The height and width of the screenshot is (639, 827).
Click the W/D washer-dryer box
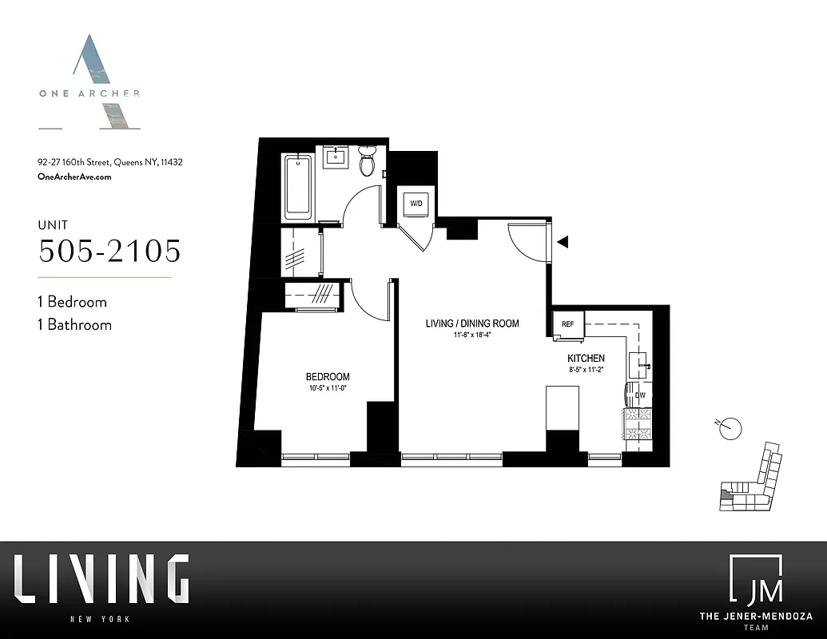[x=417, y=204]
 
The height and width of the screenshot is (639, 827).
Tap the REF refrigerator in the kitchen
[x=568, y=324]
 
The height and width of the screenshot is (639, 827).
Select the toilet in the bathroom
[x=368, y=161]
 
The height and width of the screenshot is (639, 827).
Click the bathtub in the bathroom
[x=297, y=186]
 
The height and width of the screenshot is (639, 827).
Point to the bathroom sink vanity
[x=336, y=157]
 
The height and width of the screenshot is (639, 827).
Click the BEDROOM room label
[x=328, y=377]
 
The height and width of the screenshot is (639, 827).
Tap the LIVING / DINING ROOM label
[x=471, y=323]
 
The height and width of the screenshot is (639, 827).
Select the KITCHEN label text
[x=586, y=359]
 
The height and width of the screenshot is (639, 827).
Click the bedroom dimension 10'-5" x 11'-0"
[x=328, y=389]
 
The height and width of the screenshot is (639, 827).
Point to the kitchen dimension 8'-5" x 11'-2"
[x=586, y=370]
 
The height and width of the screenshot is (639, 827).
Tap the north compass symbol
[x=729, y=429]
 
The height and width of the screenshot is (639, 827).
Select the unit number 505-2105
[x=109, y=251]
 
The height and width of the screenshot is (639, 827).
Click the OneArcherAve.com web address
[x=74, y=177]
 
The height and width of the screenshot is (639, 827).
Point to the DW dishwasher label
[x=639, y=395]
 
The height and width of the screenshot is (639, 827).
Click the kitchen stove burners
[x=638, y=423]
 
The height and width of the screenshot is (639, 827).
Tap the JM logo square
[x=755, y=578]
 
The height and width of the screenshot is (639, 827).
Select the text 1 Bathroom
[x=74, y=325]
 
